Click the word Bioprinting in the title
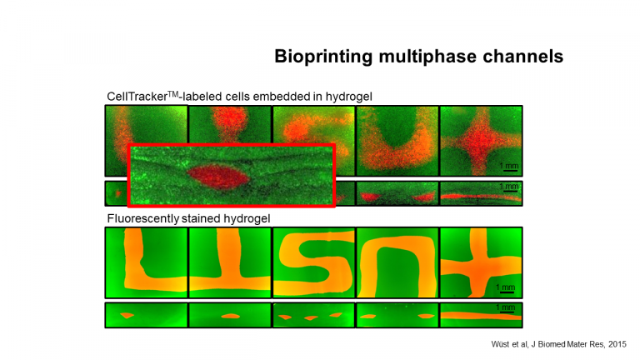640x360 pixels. pos(323,57)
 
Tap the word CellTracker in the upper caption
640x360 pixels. pos(137,97)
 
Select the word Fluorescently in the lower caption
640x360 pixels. pos(142,219)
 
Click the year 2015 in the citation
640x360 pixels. pos(617,344)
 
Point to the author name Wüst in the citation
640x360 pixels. pos(500,344)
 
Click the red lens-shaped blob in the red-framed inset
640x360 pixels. pos(217,177)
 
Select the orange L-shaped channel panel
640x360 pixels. pos(146,262)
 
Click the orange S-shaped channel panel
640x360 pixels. pos(313,262)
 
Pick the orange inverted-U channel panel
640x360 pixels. pos(397,262)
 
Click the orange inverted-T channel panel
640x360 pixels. pos(230,262)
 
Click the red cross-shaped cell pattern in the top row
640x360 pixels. pos(481,141)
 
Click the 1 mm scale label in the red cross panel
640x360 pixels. pos(509,166)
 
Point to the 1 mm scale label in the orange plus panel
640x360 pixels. pos(505,287)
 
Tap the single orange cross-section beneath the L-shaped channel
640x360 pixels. pos(127,315)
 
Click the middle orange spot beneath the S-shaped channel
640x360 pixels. pos(311,317)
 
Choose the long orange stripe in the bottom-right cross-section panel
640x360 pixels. pos(481,316)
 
